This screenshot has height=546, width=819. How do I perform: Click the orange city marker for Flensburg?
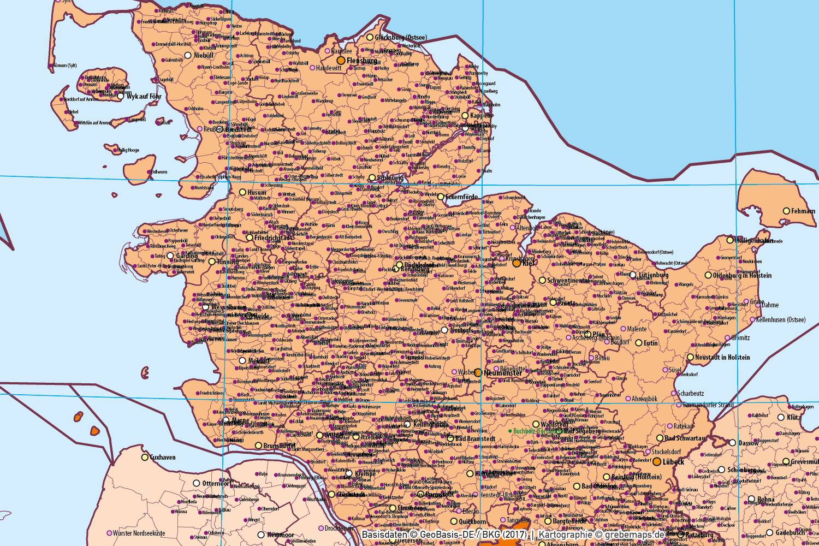coord(341,60)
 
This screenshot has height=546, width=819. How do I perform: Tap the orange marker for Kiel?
coord(517,263)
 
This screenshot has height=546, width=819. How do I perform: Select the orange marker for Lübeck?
coord(657,461)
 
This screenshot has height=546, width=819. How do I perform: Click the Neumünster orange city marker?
coord(478,372)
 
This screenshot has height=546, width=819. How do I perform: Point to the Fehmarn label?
coord(803,211)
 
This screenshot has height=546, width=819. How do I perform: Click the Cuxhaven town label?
coord(163,458)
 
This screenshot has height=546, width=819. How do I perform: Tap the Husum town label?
coord(257,192)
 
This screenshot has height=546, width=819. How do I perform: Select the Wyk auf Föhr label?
coord(144,97)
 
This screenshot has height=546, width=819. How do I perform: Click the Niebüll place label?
coord(204,55)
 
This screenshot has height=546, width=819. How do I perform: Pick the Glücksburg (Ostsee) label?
coord(401,38)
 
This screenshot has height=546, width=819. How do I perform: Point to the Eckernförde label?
coord(461,197)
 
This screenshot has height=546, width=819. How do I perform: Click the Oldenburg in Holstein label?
coord(742,276)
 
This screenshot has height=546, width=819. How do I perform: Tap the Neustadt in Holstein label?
coord(722,358)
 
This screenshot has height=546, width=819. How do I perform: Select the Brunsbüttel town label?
coord(279,446)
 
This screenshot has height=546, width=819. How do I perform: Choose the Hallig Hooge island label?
coord(128,150)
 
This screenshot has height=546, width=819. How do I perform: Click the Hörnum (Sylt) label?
coord(65,66)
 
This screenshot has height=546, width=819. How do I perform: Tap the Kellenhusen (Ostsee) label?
coord(781,320)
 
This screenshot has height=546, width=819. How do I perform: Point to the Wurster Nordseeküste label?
coord(139,533)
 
